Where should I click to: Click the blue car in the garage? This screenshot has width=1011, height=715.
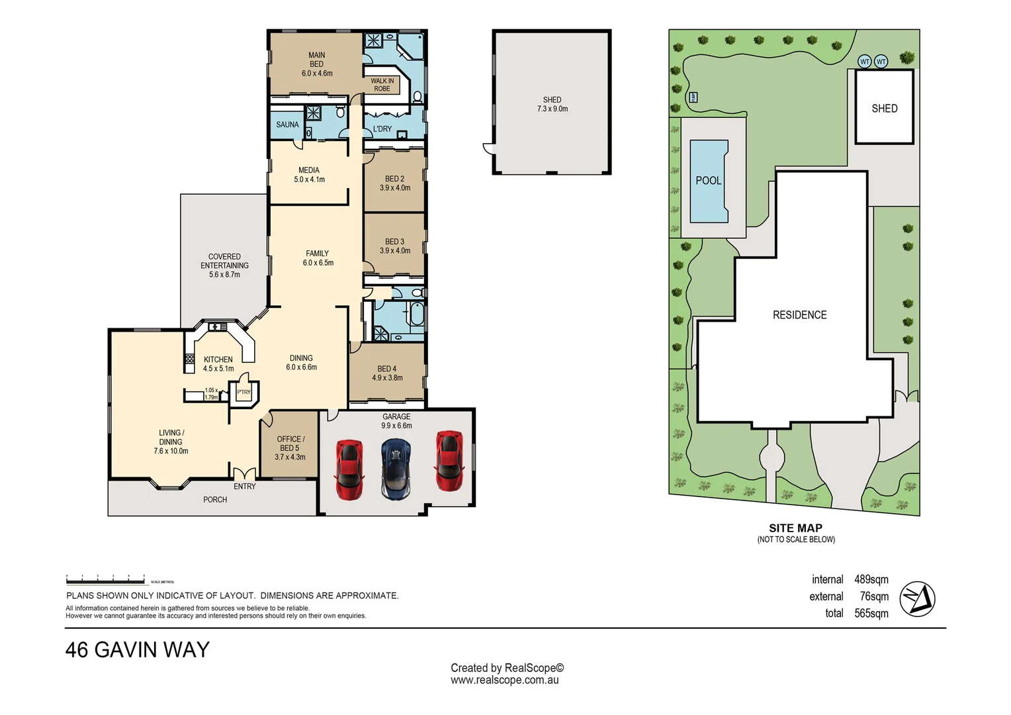(396, 469)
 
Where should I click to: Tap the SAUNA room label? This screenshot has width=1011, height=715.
(287, 124)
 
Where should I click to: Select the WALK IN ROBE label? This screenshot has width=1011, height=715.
(382, 85)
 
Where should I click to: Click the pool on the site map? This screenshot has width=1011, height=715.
(709, 181)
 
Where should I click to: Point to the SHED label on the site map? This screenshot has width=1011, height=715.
(884, 109)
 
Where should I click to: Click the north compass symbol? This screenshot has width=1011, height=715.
(917, 598)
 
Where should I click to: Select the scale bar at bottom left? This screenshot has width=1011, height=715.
(106, 581)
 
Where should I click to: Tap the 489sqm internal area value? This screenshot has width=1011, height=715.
(871, 579)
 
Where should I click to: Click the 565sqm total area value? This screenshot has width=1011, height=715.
(871, 613)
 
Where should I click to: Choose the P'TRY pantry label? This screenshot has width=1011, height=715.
(243, 392)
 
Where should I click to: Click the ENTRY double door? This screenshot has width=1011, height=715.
(244, 474)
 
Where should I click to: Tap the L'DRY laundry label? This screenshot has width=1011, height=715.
(382, 129)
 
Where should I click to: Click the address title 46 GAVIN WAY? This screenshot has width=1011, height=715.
(137, 649)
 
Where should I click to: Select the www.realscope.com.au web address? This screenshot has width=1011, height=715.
(505, 680)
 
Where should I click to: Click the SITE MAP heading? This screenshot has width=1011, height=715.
(795, 528)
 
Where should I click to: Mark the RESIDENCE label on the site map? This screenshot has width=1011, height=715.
(799, 315)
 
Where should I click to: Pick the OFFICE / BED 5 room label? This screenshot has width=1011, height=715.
(290, 448)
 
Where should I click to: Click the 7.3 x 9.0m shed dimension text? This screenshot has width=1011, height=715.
(552, 109)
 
